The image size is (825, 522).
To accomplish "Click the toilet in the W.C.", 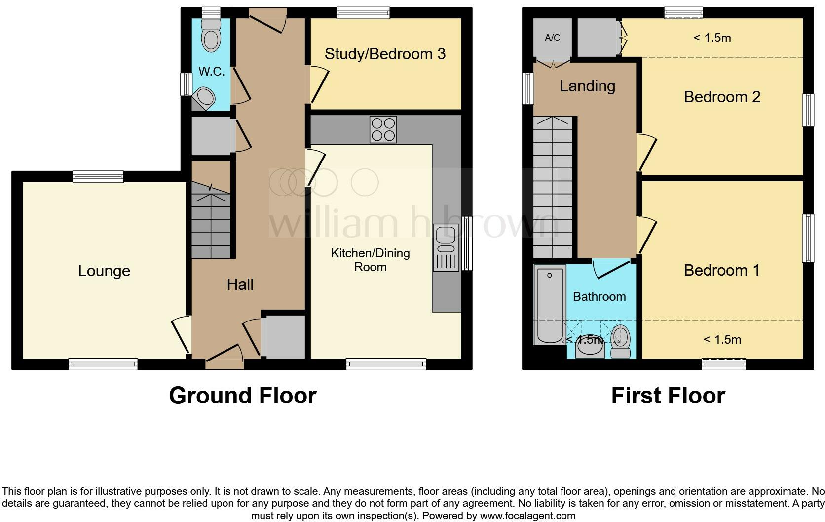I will [x=211, y=36].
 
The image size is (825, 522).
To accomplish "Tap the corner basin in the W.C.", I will [x=204, y=97].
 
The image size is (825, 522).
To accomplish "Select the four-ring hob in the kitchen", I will [x=383, y=129].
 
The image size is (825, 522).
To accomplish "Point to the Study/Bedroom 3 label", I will [x=385, y=54].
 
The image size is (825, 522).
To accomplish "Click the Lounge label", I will [x=104, y=271].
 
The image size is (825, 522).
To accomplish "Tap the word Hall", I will [x=240, y=284].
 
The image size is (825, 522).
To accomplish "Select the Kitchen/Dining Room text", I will [x=370, y=260].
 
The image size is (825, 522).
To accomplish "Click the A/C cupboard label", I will [x=552, y=38].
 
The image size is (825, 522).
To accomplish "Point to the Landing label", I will [x=587, y=86].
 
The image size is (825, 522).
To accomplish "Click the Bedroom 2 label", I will [x=721, y=97].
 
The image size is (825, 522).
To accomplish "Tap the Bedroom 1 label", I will [x=721, y=270].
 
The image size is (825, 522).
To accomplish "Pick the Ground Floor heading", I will [x=242, y=396].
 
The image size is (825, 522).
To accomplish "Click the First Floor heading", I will [x=668, y=396].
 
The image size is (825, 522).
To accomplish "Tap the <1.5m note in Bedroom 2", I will [x=712, y=38].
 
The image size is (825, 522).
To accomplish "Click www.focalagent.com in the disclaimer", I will [x=527, y=516].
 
